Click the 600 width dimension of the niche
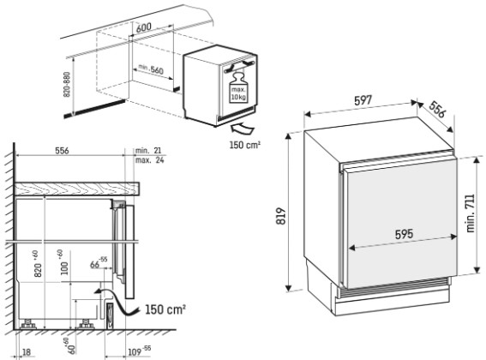tap(144, 28)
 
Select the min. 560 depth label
tap(151, 69)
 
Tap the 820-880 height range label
tap(67, 85)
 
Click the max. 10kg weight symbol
tap(237, 87)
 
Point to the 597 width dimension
tap(363, 100)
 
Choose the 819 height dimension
tap(281, 216)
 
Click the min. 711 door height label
tap(470, 213)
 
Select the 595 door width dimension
tap(404, 233)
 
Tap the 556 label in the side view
tap(62, 151)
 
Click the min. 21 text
tap(148, 151)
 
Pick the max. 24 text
tap(150, 160)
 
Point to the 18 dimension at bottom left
tap(27, 352)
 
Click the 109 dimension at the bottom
tap(139, 351)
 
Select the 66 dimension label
tap(99, 262)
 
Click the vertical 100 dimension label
tap(63, 262)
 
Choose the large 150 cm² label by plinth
tap(165, 309)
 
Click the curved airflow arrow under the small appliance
tap(243, 128)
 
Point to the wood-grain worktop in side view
tap(76, 189)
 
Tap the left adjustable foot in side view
tap(28, 324)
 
